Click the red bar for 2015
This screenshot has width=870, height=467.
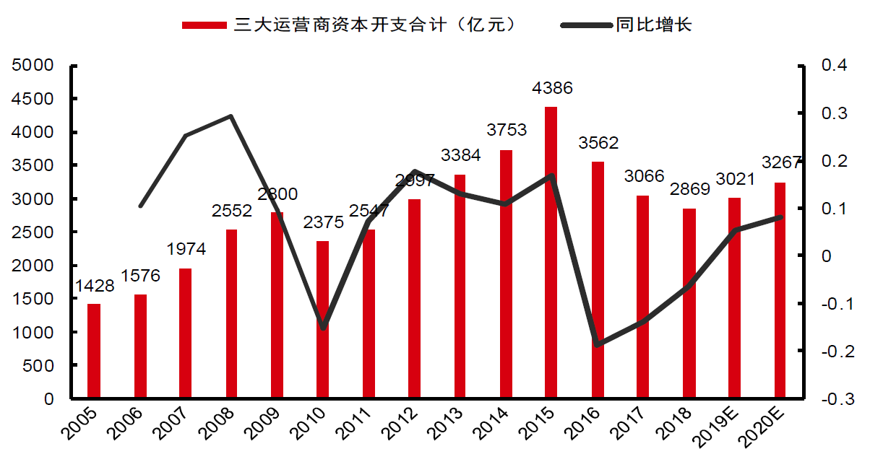[551, 253]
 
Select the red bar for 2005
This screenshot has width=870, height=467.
[94, 351]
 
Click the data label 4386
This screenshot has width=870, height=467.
[552, 89]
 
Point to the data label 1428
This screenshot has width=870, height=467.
[94, 286]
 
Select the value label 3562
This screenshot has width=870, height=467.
[598, 143]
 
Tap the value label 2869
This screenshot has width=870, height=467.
[689, 190]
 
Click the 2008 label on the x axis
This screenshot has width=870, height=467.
[218, 426]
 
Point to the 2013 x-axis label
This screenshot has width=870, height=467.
[447, 426]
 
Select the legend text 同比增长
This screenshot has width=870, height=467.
[654, 25]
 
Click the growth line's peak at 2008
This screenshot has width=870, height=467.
[231, 116]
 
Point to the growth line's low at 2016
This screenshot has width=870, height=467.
[597, 344]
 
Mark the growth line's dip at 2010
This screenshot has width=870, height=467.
[322, 328]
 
